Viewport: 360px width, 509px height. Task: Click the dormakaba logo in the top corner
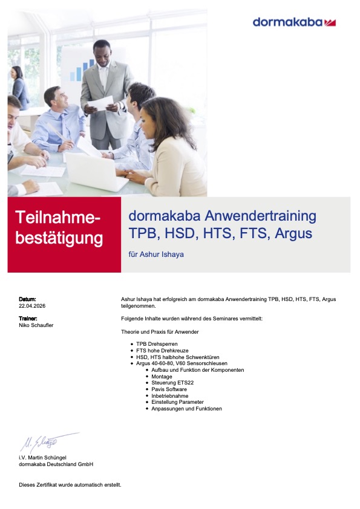tap(294, 22)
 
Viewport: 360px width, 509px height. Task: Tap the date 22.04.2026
tap(32, 306)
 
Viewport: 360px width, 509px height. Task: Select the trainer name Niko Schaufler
tap(36, 325)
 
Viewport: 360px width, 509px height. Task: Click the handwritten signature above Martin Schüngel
tap(49, 442)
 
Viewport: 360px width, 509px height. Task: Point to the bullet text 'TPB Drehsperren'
tap(157, 344)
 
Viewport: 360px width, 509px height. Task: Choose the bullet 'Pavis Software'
tap(169, 389)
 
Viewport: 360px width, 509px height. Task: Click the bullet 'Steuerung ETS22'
tap(172, 383)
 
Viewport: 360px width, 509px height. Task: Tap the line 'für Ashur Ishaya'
tap(156, 254)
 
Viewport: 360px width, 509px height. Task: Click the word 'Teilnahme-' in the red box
tap(58, 217)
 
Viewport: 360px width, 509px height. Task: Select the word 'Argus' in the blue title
tap(293, 233)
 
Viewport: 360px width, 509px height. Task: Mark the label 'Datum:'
tap(27, 299)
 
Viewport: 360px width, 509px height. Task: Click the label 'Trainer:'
tap(28, 319)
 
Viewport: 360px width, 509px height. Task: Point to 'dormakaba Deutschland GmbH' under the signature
tap(56, 464)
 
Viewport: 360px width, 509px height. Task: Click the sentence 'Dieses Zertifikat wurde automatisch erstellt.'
tap(70, 485)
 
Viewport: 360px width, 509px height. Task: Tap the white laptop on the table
tap(96, 172)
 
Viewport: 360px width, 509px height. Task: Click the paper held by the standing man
tap(100, 103)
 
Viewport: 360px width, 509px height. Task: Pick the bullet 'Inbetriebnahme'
tap(170, 396)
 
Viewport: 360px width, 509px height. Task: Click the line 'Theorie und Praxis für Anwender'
tap(160, 332)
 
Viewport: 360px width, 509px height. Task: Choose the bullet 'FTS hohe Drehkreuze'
tap(162, 350)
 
